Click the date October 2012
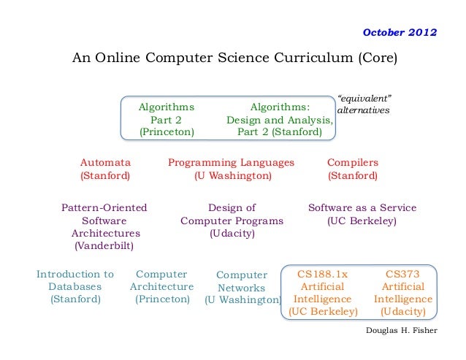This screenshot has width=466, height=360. coord(400,34)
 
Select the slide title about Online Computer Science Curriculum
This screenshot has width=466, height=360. coord(234,58)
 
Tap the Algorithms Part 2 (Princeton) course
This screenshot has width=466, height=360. coord(167,119)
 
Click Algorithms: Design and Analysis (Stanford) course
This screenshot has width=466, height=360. coord(280,119)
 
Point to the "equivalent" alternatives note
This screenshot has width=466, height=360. coord(364,104)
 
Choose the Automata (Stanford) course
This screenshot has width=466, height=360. coord(105,169)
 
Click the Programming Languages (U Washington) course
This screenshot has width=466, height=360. coord(231,169)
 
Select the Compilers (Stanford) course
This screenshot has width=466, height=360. coord(352,169)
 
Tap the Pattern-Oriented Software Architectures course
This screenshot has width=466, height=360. coord(104,226)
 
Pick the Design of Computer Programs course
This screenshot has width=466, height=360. coord(232,221)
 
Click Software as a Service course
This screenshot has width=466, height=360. coord(362,214)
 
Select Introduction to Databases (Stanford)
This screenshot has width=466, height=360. coord(75,286)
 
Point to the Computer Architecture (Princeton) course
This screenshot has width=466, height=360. coord(161,286)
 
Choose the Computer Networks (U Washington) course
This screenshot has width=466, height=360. coord(242,288)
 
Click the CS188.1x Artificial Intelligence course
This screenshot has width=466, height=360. coord(323,292)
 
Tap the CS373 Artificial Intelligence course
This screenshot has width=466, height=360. coord(402,292)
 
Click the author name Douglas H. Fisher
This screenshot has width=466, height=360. coord(401,330)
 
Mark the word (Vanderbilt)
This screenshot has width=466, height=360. coord(104,246)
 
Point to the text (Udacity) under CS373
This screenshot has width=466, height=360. coord(402,311)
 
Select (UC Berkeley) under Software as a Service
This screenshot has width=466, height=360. coord(362,221)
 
